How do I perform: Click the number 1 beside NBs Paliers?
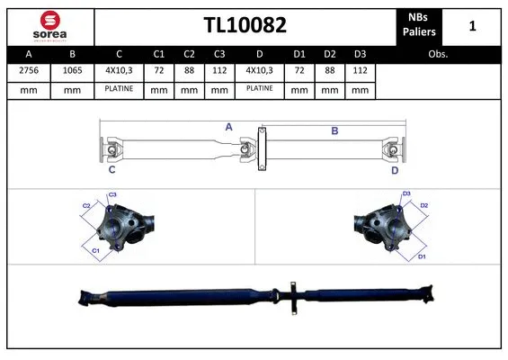pos(472,26)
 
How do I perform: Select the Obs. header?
pos(438,54)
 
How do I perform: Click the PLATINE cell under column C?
pos(119,90)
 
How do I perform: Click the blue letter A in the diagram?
pos(229,128)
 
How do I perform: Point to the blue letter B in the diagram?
pos(334,131)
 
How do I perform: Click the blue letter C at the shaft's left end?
pos(111,169)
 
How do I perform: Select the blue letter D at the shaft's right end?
pos(395,169)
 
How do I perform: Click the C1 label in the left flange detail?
pos(96,249)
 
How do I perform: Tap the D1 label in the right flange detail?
pos(422,256)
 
